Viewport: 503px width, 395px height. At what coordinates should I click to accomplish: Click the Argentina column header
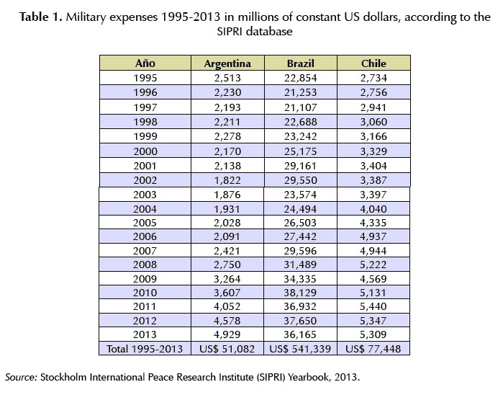click(x=227, y=63)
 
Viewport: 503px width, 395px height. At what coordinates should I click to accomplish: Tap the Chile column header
click(x=373, y=63)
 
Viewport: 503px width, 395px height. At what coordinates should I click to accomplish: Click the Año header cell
click(x=145, y=63)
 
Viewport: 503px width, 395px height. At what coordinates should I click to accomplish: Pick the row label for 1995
click(x=145, y=77)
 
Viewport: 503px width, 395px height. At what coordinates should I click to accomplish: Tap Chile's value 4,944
click(x=373, y=250)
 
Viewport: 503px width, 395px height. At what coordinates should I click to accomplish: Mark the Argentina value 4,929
click(x=227, y=334)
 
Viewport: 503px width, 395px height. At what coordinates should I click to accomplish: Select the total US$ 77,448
click(x=373, y=349)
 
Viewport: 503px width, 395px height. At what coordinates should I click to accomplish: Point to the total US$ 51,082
click(x=227, y=349)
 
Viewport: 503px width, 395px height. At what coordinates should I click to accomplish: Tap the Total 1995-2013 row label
click(x=145, y=349)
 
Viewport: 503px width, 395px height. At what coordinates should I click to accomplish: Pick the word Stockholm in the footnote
click(x=65, y=377)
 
